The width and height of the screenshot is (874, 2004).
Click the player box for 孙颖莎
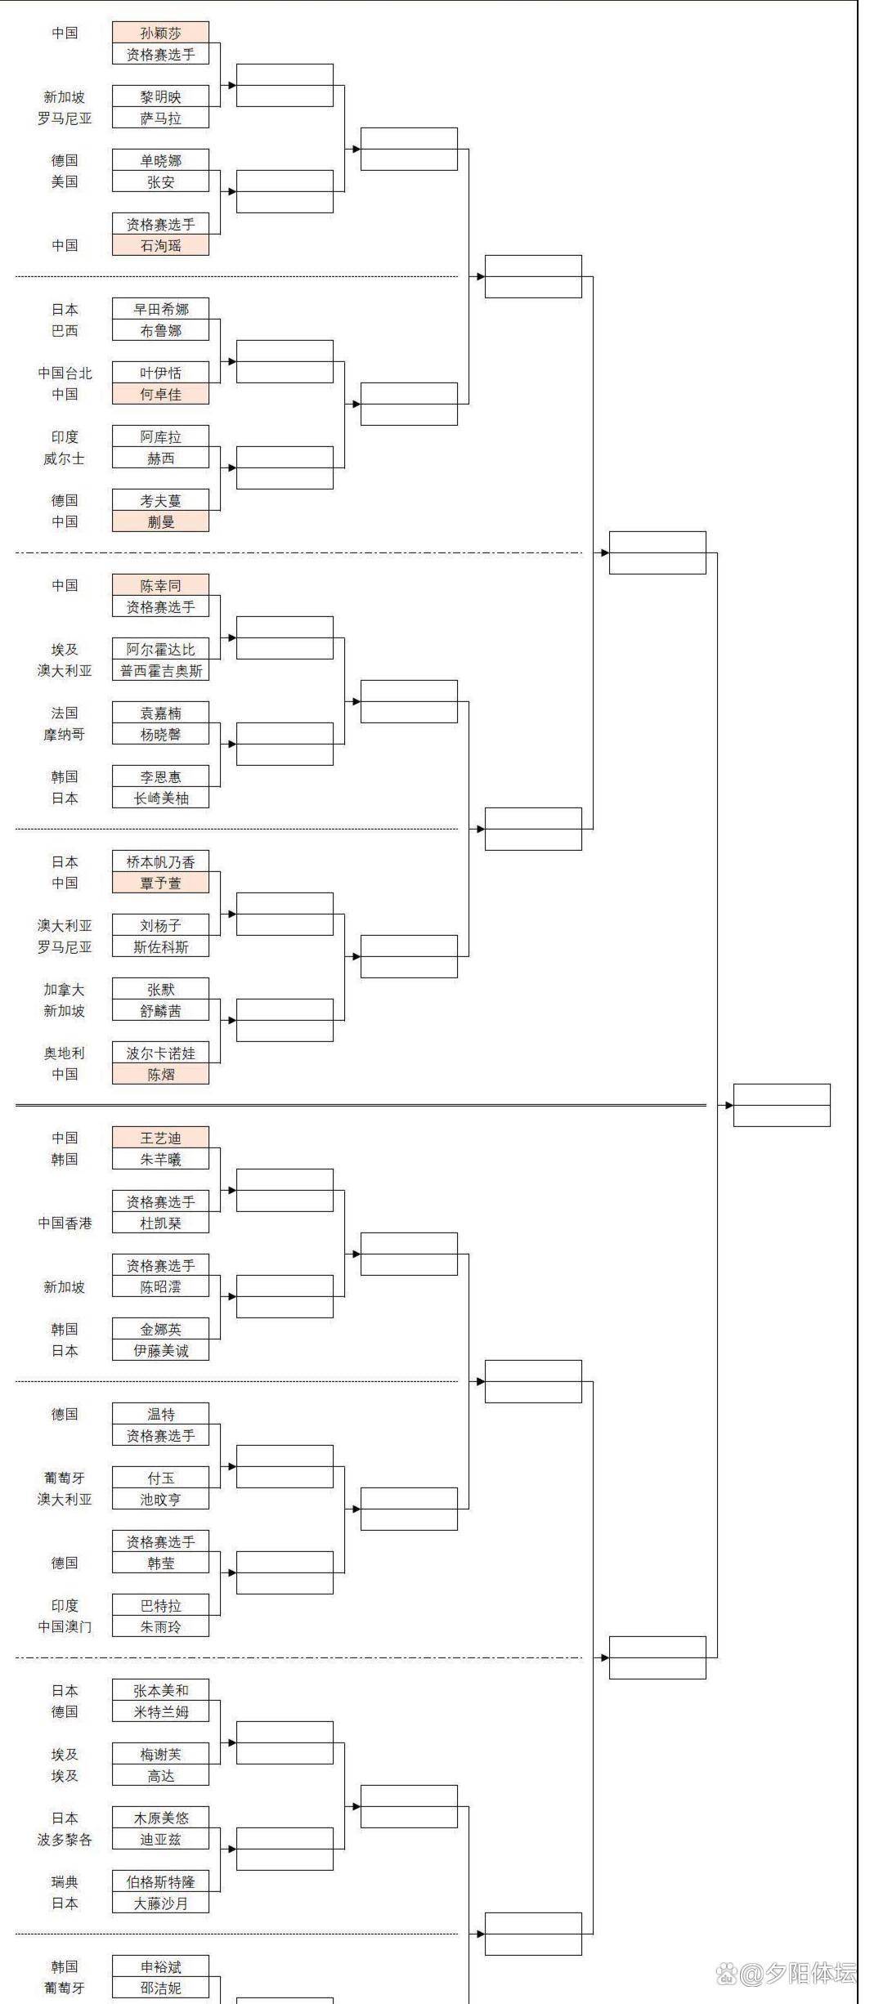click(160, 33)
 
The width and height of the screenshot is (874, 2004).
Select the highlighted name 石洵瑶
click(160, 245)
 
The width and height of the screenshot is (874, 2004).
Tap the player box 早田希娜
click(160, 309)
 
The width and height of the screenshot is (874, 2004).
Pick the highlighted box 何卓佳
click(160, 394)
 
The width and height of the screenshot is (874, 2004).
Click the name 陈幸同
click(160, 585)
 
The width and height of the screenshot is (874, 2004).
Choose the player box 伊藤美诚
click(160, 1350)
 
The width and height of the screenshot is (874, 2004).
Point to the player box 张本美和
click(160, 1690)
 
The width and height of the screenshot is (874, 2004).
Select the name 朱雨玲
click(160, 1626)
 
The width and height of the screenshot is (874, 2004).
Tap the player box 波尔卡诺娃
click(160, 1053)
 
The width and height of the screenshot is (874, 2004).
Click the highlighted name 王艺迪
click(160, 1138)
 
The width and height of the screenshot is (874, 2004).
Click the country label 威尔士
click(65, 459)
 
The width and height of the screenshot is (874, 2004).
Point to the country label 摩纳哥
click(65, 735)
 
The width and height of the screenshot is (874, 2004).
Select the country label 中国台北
click(65, 373)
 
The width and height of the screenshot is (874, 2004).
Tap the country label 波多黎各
click(65, 1839)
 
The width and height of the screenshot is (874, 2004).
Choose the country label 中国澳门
click(65, 1626)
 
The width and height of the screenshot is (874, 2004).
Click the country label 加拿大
click(65, 990)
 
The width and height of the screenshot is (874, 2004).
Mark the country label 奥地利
click(65, 1053)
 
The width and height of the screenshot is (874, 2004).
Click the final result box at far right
click(782, 1105)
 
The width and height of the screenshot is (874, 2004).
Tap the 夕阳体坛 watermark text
click(797, 1974)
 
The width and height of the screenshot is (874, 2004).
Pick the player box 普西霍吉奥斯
click(160, 671)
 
